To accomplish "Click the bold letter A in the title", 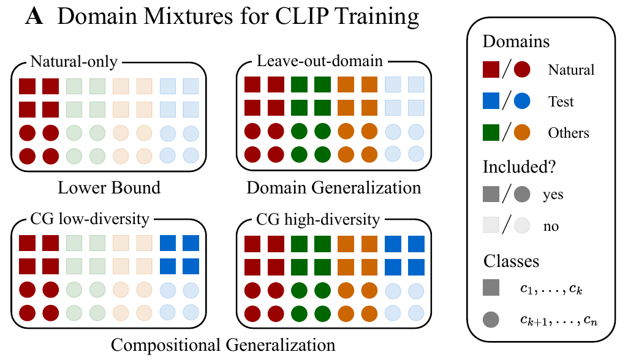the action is coord(34,16).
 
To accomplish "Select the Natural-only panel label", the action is coord(74,61).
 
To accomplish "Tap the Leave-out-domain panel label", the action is coord(320,61).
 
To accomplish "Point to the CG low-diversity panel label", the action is coord(89,219).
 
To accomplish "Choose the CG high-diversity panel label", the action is coord(318,219).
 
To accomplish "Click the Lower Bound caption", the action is coord(109,187).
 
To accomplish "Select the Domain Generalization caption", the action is coord(334,187).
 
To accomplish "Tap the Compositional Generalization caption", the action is coord(223,345).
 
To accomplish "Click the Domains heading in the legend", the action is coord(516,41).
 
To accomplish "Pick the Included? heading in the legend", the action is coord(519,167).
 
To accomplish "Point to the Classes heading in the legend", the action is coord(512,261).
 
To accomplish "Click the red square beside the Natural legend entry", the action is coord(491,69).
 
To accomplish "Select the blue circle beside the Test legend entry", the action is coord(522,101).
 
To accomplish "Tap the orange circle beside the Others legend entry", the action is coord(522,132).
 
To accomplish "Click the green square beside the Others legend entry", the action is coord(491,132).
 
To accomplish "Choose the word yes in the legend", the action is coord(553,195).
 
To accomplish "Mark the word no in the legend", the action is coord(551,227).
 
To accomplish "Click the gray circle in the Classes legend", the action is coord(491,320).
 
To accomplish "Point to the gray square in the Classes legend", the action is coord(491,288).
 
